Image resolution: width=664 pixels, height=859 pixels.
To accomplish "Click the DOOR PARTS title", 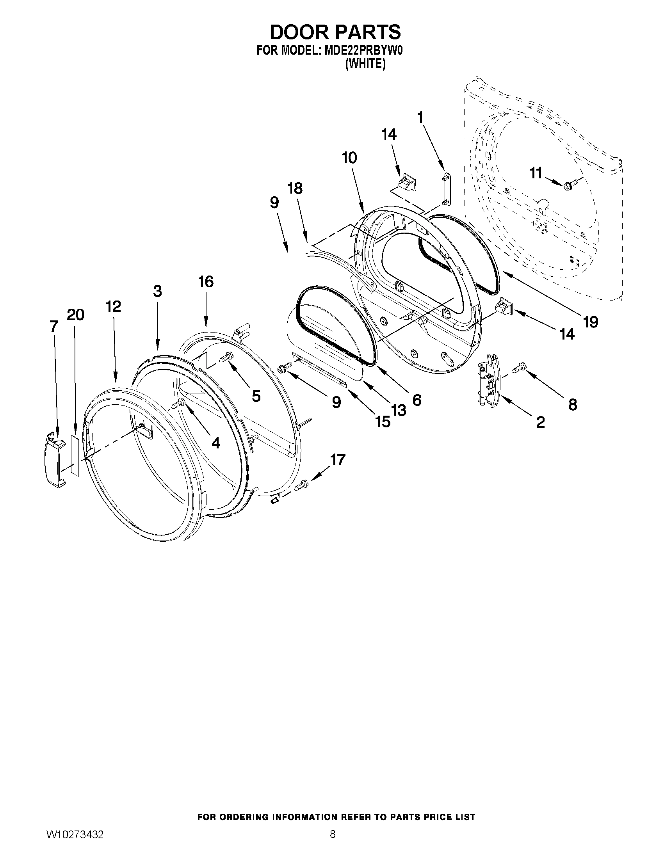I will pyautogui.click(x=335, y=32).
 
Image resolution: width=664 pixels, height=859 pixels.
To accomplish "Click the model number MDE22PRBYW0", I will pyautogui.click(x=364, y=51).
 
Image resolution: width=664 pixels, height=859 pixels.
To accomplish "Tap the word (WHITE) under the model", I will pyautogui.click(x=365, y=64).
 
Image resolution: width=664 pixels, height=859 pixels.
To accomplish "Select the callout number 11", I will pyautogui.click(x=536, y=173).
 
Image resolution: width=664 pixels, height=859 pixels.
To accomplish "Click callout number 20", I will pyautogui.click(x=75, y=315).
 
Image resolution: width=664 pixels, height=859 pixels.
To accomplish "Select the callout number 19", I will pyautogui.click(x=591, y=322).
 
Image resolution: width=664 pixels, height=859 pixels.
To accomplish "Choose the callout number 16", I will pyautogui.click(x=206, y=282).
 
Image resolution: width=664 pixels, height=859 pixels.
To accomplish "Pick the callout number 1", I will pyautogui.click(x=420, y=117).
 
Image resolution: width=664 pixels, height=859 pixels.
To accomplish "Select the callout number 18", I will pyautogui.click(x=295, y=189).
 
